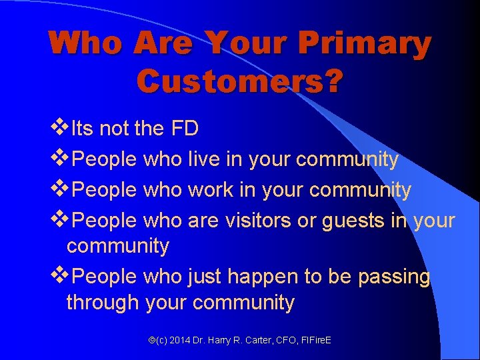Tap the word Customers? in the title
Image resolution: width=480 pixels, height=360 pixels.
click(240, 81)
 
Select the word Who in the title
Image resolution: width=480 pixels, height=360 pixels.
click(85, 43)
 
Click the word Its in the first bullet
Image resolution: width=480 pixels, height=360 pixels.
click(83, 128)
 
